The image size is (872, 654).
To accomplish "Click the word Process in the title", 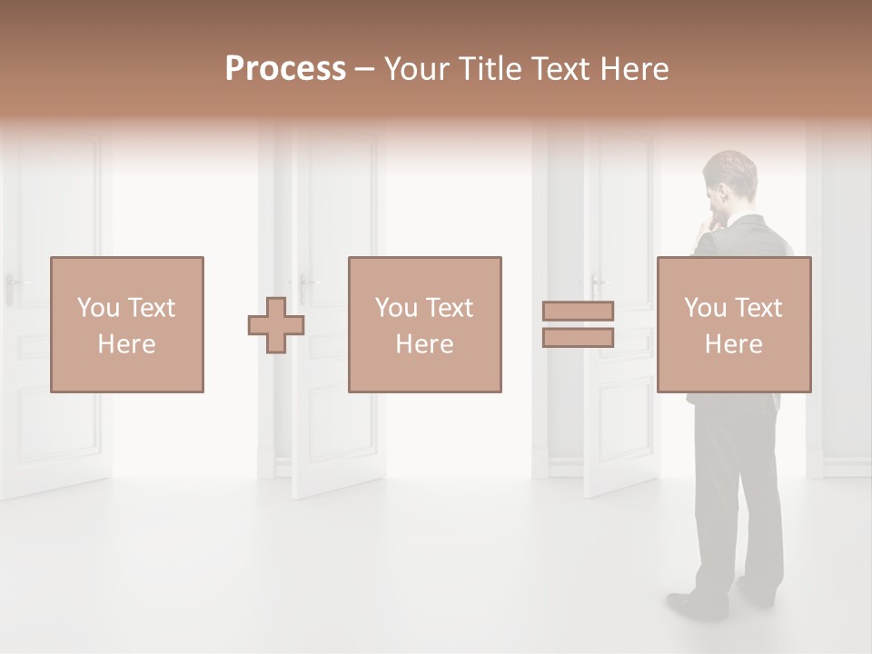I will tap(285, 69).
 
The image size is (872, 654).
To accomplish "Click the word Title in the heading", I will tap(490, 69).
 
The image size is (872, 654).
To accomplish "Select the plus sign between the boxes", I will tap(276, 324).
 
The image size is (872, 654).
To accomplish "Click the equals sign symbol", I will tap(578, 324).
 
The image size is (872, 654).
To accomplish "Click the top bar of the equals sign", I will tap(578, 311).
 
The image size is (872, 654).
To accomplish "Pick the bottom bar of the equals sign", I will tap(578, 338).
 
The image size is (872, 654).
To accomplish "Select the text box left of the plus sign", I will tap(127, 324).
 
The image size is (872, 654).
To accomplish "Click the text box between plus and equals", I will tap(425, 324).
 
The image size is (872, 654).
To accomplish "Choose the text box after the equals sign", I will tap(734, 324).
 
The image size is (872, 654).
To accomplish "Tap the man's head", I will tap(731, 177).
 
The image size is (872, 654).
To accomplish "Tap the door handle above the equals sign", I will tap(596, 281).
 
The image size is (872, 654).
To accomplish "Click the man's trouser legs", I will tap(738, 509).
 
